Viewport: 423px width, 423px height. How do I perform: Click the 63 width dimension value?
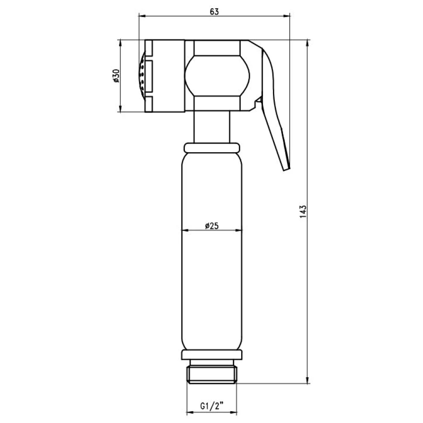(x=214, y=12)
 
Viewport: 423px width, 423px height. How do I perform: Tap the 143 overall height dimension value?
(x=303, y=211)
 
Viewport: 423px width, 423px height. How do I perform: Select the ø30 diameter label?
(x=116, y=76)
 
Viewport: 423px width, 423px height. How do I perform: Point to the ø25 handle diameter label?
(x=212, y=226)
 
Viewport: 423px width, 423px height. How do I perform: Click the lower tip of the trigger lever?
(x=287, y=169)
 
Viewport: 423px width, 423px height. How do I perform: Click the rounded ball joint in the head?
(x=217, y=75)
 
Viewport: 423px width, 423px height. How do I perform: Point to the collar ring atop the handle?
(x=212, y=147)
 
